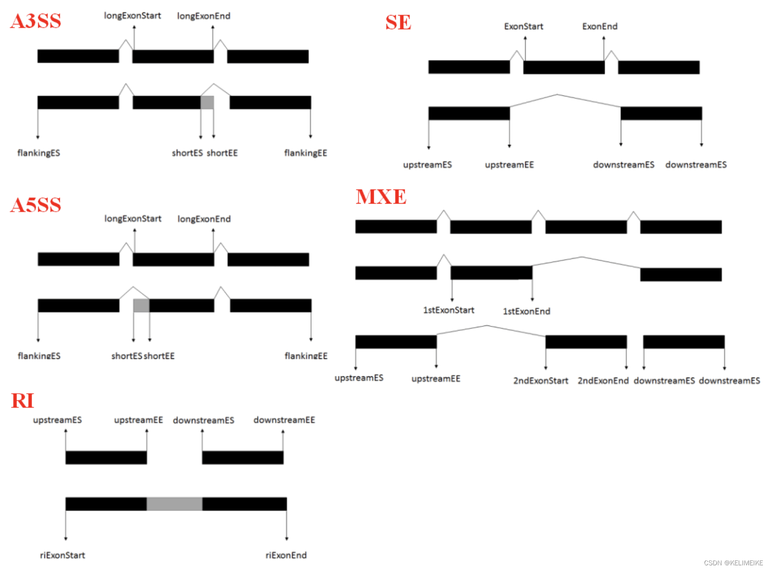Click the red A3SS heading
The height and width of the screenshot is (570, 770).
pos(36,21)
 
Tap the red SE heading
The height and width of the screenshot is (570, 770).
pos(398,22)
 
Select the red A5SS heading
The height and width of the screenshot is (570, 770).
pos(36,205)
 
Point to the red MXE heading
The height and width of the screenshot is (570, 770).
pos(381,197)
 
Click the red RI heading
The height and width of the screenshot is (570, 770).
pos(23,401)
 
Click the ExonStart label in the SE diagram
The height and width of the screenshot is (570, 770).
pos(523,26)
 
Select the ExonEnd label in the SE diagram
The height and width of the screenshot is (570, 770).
pos(600,26)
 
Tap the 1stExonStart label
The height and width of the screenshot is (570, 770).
pos(449,310)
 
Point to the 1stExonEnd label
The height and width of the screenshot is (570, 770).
pos(526,311)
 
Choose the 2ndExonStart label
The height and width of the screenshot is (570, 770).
pos(540,380)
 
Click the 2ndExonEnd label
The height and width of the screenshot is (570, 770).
pos(603,380)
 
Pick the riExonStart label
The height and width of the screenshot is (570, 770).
pos(63,555)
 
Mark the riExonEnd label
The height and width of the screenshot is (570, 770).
pos(286,555)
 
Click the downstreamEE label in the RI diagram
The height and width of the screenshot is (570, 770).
pos(284,420)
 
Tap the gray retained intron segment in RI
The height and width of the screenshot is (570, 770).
pos(174,504)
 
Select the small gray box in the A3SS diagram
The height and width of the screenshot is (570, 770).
pos(207,103)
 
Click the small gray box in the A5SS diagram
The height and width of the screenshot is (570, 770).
pos(141,305)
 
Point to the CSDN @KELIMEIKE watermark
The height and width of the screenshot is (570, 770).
pos(733,563)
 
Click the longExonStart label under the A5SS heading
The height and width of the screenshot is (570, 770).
pos(133,219)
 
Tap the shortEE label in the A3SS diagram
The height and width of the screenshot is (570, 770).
pos(222,153)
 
